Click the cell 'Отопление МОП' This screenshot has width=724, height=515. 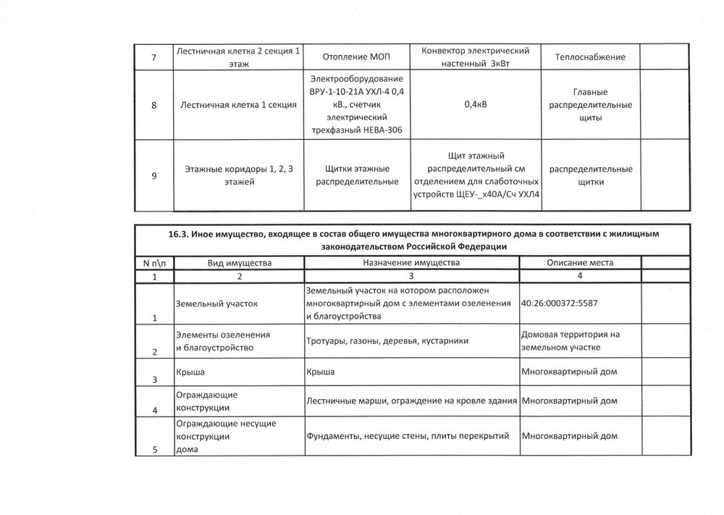357,57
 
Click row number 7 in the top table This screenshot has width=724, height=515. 153,57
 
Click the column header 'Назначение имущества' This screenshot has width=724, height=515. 410,262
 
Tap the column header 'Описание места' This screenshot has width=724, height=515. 579,262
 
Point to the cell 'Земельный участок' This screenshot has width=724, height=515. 216,303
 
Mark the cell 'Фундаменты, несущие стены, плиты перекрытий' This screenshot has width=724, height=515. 409,436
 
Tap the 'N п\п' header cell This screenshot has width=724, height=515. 153,262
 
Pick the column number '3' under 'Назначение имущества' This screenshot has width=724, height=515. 410,277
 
